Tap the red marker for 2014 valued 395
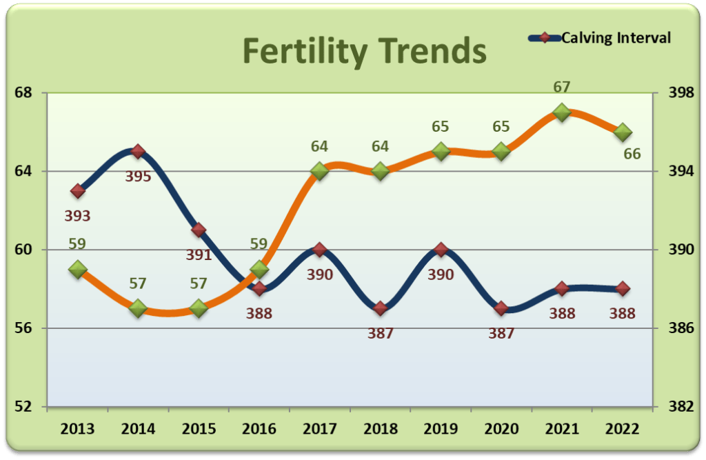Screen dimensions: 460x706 [138, 151]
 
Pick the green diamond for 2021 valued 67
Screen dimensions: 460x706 [562, 112]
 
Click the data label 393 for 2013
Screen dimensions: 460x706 [77, 216]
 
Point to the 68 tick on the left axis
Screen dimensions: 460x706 [29, 92]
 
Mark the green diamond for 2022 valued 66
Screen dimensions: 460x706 [623, 131]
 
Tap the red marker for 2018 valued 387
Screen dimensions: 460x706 [381, 308]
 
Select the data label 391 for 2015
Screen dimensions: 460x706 [199, 254]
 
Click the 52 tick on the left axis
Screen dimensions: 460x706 [29, 406]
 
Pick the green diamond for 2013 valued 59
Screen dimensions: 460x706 [77, 269]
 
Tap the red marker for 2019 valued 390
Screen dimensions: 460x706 [441, 250]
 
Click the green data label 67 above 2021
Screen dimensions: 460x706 [562, 88]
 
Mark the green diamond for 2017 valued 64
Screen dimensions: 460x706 [320, 171]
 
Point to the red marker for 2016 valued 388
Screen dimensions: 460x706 [259, 288]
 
